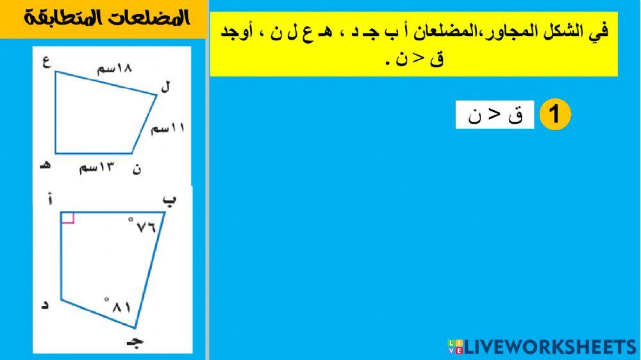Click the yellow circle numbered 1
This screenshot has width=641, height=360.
[x=554, y=115]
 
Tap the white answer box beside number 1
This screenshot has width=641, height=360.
[x=494, y=115]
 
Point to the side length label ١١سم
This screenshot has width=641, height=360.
[x=167, y=129]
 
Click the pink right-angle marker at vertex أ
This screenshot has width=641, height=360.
[x=68, y=217]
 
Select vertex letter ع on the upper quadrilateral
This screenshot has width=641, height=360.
[x=47, y=63]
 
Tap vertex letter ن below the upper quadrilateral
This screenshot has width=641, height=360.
[x=136, y=169]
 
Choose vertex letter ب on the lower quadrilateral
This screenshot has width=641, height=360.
[x=169, y=200]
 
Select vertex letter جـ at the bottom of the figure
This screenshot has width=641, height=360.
[x=134, y=340]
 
